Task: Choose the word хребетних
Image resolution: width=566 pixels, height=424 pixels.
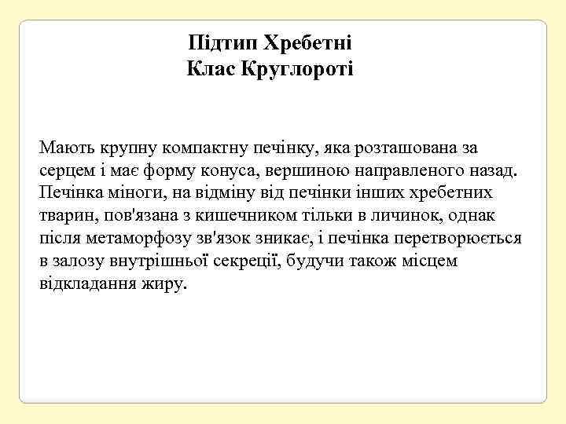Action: coord(450,192)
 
